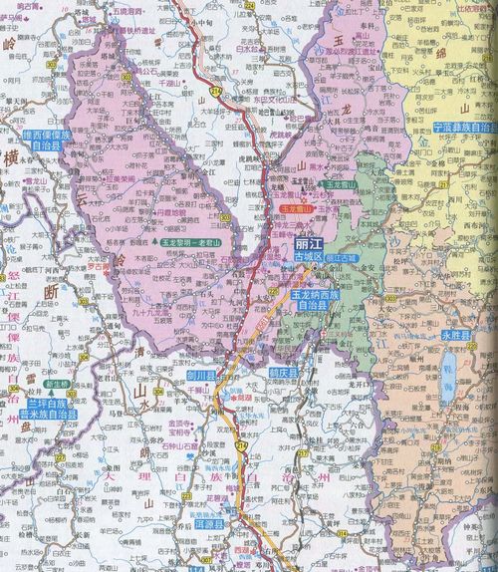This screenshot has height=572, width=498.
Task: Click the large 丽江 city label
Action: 311,244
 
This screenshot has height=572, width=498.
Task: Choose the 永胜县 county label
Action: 457,338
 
